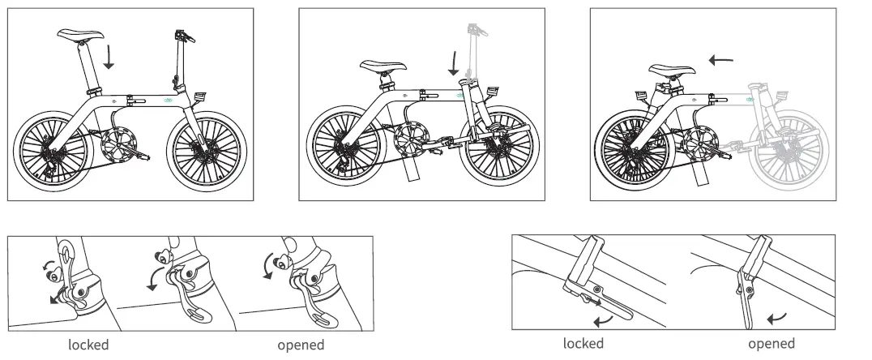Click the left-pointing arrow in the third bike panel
tap(720, 59)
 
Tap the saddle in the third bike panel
tap(669, 71)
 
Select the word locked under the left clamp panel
tap(88, 345)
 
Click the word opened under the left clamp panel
tap(301, 345)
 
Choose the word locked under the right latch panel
tap(583, 344)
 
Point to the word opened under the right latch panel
tap(771, 344)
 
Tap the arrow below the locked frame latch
tap(602, 322)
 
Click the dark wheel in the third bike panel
tap(630, 150)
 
